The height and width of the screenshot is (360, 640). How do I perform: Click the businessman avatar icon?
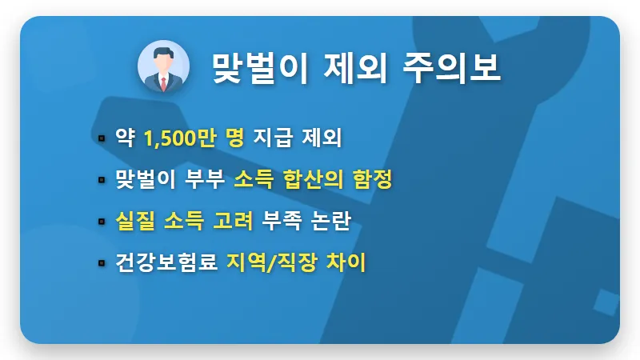[164, 67]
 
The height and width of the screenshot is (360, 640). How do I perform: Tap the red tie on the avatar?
[164, 82]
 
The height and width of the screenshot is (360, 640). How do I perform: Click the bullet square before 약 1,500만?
[102, 138]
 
